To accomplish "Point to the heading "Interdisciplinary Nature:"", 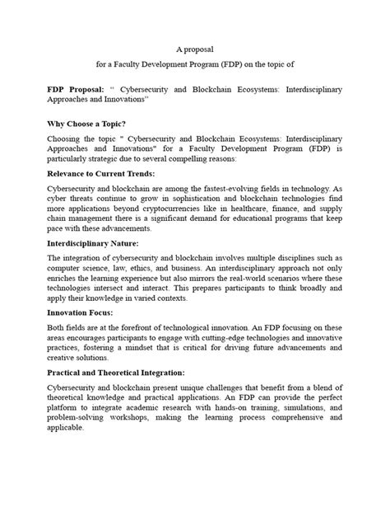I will pyautogui.click(x=93, y=242).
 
